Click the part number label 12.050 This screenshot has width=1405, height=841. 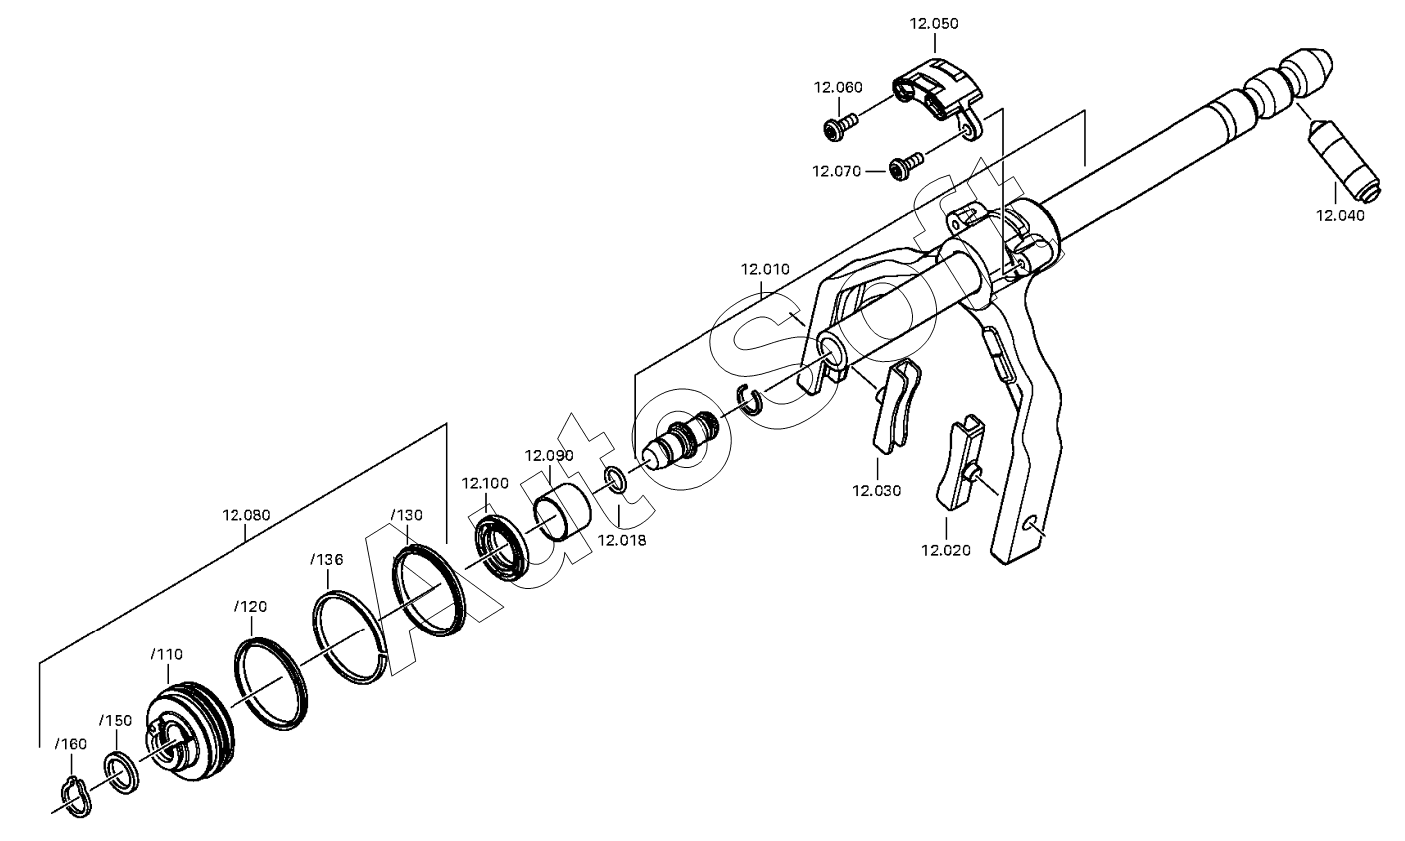(x=934, y=24)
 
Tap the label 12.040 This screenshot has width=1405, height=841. (x=1340, y=216)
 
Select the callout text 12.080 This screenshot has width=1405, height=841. (x=245, y=515)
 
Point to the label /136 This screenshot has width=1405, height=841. (x=326, y=559)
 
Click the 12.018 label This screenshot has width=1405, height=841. (x=621, y=540)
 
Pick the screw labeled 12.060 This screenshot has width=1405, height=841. (x=840, y=124)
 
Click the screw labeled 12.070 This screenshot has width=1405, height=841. (x=907, y=165)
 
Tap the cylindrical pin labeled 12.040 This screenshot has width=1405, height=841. (x=1347, y=160)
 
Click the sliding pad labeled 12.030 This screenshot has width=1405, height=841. (x=896, y=406)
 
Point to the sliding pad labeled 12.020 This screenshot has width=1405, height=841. (x=960, y=464)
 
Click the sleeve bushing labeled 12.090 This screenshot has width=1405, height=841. (x=562, y=511)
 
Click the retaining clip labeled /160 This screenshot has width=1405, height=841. (x=77, y=797)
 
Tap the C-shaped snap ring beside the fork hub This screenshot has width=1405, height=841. (x=750, y=399)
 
